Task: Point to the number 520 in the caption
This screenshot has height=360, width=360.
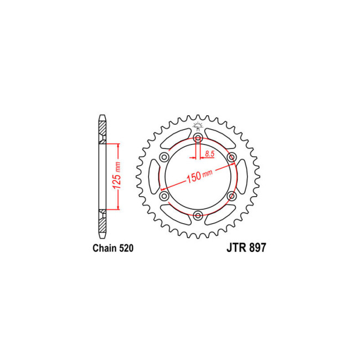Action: coord(126,249)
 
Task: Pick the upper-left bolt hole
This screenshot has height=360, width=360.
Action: coord(164,158)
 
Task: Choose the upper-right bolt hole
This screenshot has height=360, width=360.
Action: coord(232,158)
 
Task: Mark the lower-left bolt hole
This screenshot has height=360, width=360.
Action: coord(164,196)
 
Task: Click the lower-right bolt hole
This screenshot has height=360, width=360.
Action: coord(232,196)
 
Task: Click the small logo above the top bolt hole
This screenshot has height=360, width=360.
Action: coord(198,127)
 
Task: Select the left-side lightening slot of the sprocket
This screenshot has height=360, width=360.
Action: coord(153,177)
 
